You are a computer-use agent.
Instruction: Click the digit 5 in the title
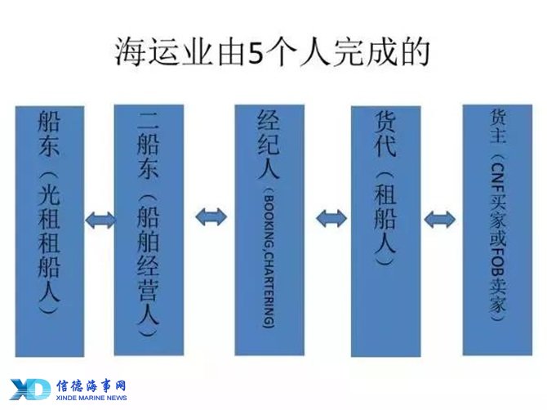point(256,53)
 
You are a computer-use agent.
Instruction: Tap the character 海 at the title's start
point(129,53)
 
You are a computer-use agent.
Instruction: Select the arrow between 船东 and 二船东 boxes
point(100,221)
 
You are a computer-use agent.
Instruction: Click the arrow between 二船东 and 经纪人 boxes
point(211,216)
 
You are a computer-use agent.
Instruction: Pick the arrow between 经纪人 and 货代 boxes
point(331,218)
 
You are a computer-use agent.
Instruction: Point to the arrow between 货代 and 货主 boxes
point(439,220)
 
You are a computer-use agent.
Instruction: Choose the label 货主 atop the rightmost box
point(498,126)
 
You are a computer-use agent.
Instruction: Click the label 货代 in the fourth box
point(385,134)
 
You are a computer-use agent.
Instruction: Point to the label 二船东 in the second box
point(149,145)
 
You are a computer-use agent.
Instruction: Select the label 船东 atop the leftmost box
point(49,133)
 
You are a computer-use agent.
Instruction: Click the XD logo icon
point(30,389)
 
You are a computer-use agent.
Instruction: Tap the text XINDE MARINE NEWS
point(91,398)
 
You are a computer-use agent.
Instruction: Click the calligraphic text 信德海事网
point(91,386)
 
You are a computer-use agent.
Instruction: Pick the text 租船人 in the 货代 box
point(385,218)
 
